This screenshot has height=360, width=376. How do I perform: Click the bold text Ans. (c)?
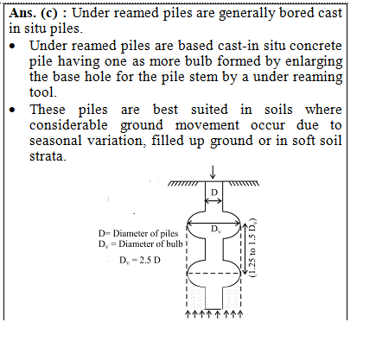point(34,13)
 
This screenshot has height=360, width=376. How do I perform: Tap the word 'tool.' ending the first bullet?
point(43,92)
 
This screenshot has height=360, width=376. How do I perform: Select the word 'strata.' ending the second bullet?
point(48,156)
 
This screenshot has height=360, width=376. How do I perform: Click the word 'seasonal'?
point(55,141)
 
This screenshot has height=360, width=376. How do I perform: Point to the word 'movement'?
point(207,125)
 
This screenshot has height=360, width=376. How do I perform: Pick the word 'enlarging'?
point(314,61)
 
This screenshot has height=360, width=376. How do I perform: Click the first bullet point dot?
point(12,46)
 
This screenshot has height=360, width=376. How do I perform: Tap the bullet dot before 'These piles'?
point(12,110)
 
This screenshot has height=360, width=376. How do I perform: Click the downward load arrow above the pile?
point(213,172)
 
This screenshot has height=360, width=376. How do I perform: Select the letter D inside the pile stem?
point(214,193)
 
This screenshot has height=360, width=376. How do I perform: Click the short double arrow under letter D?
point(213,200)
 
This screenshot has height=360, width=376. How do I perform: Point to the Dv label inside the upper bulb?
point(216,230)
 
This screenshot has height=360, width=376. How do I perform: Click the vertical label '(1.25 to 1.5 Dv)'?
point(252,248)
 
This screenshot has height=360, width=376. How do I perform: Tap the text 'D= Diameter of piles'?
point(138,233)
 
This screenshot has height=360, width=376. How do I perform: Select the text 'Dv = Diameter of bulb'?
point(141,244)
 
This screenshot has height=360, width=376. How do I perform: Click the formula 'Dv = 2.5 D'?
point(140,261)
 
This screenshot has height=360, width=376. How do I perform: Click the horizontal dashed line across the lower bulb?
point(213,274)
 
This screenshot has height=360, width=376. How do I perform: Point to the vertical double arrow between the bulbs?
point(245,249)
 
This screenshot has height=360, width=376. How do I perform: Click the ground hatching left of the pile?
point(183,183)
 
